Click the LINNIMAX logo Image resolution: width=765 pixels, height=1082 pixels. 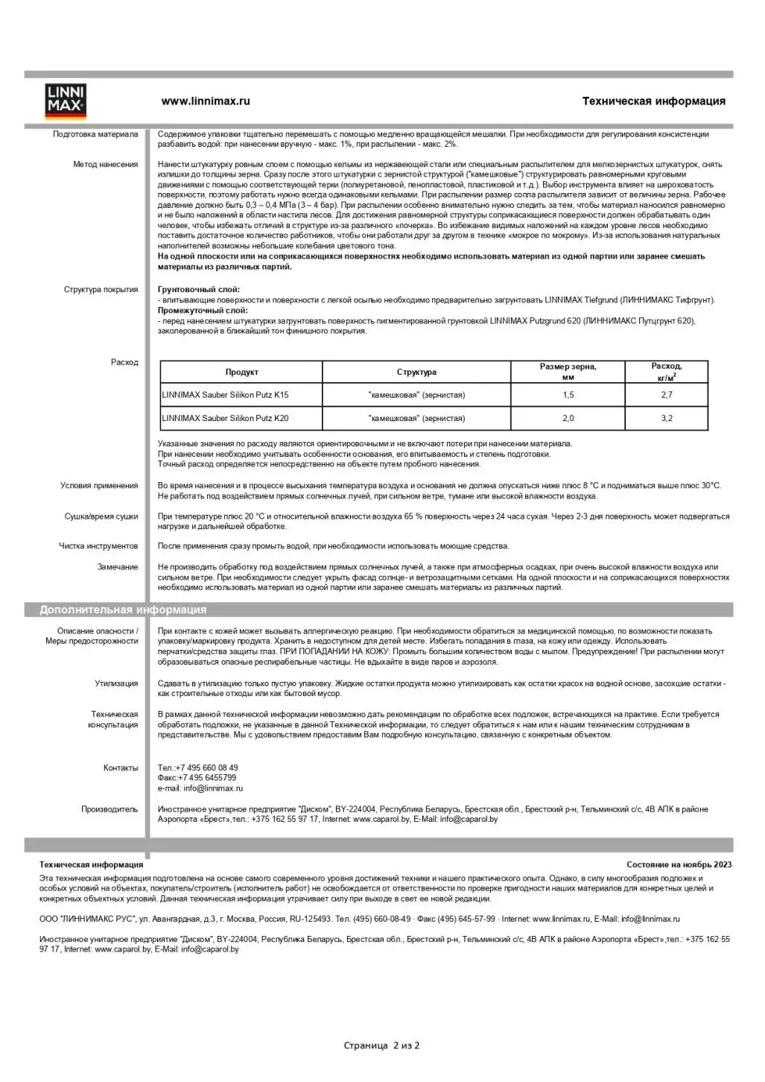coord(66,102)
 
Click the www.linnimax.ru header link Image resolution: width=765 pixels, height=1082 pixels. coord(206,101)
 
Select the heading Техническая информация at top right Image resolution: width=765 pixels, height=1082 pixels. coord(653,101)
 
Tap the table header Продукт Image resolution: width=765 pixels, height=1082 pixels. coord(241,372)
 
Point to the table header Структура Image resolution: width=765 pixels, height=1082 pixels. coord(416,372)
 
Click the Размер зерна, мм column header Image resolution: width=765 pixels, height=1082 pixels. coord(568,371)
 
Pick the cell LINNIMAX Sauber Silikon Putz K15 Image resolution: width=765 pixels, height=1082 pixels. coord(225,395)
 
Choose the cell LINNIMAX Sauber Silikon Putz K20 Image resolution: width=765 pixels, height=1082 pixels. coord(225,418)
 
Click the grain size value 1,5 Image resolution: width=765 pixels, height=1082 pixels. coord(568,395)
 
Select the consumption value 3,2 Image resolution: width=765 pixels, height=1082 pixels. coord(666,418)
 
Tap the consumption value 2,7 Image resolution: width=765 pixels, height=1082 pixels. coord(666,395)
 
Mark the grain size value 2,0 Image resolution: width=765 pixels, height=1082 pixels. coord(568,418)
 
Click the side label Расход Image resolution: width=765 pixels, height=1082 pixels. coord(124,362)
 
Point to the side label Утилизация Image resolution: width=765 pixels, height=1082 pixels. coord(116,683)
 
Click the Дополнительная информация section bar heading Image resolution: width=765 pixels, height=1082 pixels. coord(123,610)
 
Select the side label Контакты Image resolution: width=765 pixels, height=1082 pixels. coord(121,768)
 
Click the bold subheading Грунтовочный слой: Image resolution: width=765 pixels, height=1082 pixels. coord(199,290)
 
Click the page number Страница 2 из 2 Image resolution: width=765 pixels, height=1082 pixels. coord(381,1045)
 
